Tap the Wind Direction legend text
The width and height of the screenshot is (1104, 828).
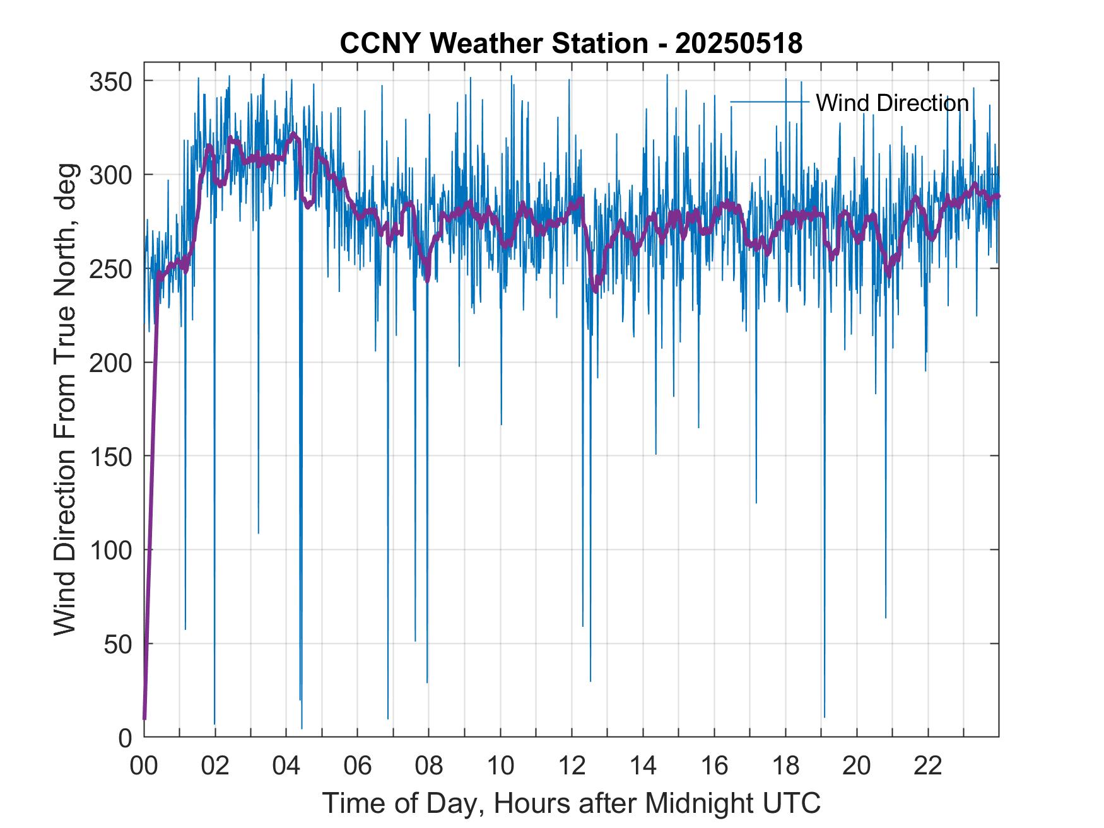point(892,103)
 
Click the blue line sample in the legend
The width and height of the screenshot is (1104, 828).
point(769,102)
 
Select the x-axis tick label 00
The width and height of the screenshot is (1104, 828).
point(144,766)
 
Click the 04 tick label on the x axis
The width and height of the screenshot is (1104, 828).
point(286,766)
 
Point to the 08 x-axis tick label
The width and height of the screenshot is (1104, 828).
point(429,766)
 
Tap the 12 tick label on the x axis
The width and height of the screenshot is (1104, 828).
point(572,766)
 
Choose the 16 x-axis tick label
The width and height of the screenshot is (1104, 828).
point(714,766)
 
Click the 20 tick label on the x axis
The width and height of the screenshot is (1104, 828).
point(857,766)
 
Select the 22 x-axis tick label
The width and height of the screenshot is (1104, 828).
point(928,766)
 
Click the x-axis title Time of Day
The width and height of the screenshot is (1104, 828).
point(572,803)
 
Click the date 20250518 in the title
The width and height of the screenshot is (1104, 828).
point(738,44)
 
